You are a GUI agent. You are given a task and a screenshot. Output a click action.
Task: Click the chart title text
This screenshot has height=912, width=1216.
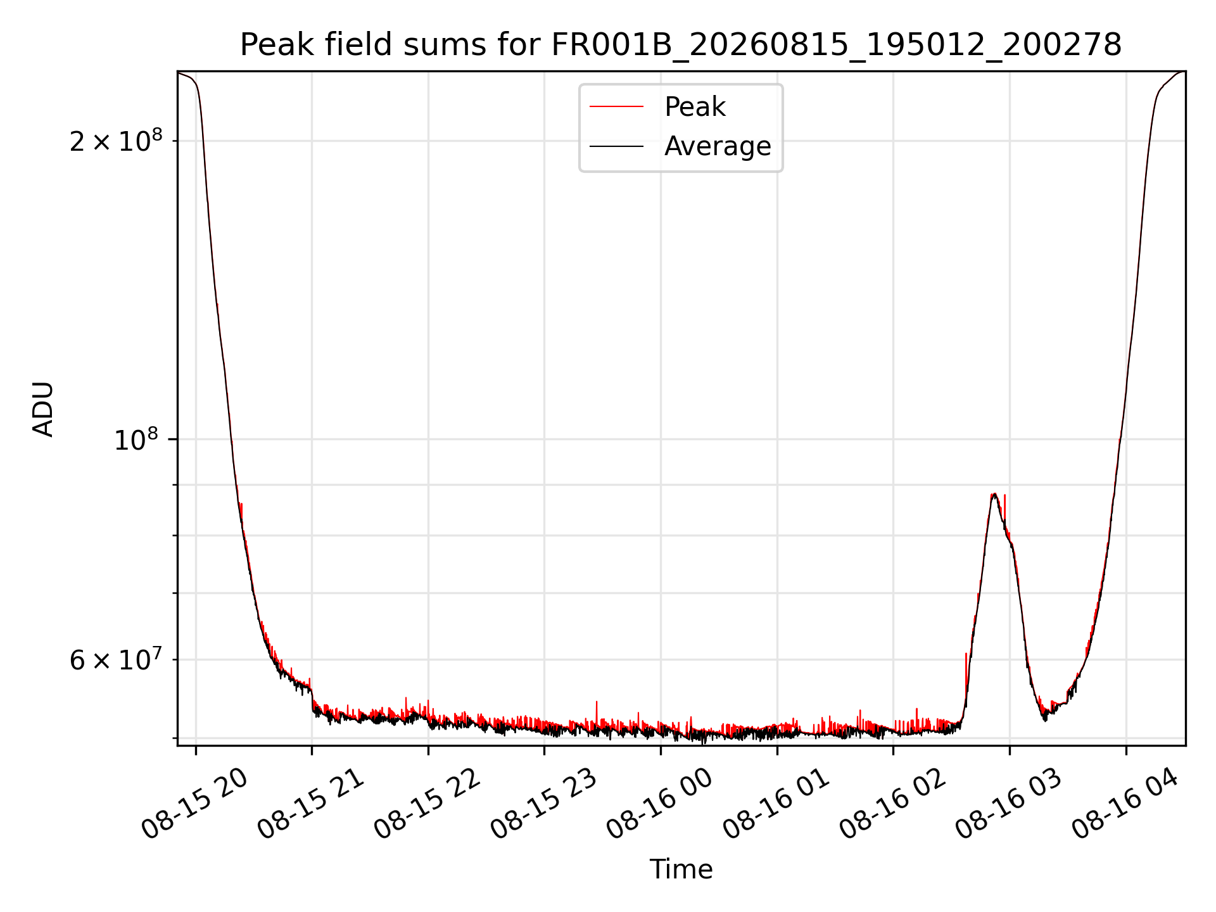pos(681,45)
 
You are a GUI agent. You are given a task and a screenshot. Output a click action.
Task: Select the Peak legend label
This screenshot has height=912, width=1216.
pos(695,107)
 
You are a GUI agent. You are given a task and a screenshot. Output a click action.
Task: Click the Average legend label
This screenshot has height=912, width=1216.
pos(718,146)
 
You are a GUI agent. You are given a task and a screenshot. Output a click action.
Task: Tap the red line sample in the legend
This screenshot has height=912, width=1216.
pos(616,107)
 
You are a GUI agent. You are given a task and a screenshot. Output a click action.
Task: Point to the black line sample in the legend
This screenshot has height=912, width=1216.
pos(616,146)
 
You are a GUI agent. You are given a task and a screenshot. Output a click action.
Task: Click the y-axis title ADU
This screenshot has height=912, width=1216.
pos(43,408)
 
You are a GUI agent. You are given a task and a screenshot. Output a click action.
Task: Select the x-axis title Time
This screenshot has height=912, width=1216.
pos(681,870)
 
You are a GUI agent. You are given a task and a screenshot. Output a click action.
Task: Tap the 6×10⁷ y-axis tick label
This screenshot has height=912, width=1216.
pos(116,659)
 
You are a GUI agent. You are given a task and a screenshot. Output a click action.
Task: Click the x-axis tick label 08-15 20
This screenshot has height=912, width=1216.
pos(194,804)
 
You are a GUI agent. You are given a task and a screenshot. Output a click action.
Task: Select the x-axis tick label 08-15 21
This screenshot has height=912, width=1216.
pos(311,804)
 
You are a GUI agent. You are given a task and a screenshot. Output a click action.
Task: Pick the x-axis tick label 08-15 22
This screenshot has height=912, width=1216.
pos(427,804)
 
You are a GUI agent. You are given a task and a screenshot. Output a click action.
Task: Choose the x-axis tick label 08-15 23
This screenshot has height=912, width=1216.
pos(544,804)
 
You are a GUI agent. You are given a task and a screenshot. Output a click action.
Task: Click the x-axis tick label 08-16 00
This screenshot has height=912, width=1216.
pos(660,804)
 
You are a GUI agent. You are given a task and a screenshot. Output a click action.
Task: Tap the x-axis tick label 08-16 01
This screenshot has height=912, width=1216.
pos(776,804)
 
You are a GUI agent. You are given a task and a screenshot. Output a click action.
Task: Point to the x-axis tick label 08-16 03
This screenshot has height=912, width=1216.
pos(1009,804)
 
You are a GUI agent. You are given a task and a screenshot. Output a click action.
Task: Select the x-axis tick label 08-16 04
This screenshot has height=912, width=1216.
pos(1125,804)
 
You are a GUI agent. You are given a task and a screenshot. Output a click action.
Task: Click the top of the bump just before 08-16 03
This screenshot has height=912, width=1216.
pos(994,494)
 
